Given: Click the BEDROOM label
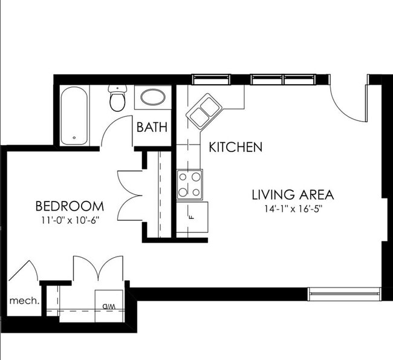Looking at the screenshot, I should pyautogui.click(x=69, y=206).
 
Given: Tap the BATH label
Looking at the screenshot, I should pyautogui.click(x=152, y=128).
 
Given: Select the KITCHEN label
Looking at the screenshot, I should pyautogui.click(x=235, y=146).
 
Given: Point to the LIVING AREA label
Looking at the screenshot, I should pyautogui.click(x=293, y=195).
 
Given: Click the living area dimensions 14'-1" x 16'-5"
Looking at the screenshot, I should pyautogui.click(x=293, y=211).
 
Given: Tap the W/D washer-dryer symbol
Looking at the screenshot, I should pyautogui.click(x=109, y=305).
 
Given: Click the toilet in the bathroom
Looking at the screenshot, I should pyautogui.click(x=117, y=98).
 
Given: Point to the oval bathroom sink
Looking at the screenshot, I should pyautogui.click(x=151, y=97).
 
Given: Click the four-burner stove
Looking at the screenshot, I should pyautogui.click(x=189, y=185).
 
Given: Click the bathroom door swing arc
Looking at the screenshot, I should pyautogui.click(x=115, y=133).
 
